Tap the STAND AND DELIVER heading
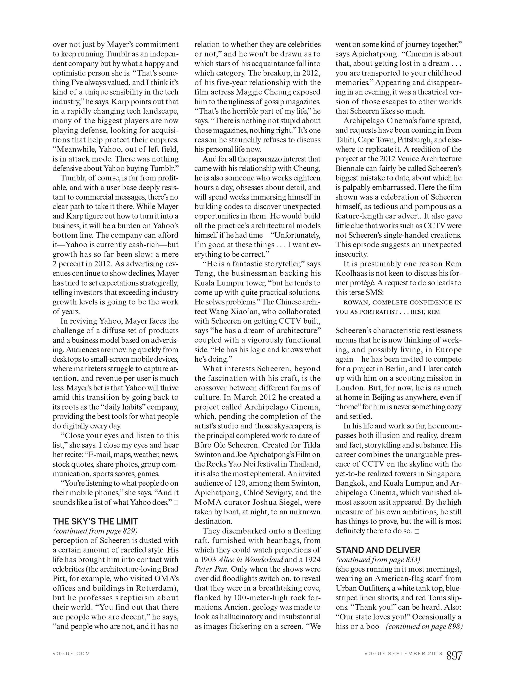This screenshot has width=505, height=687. (378, 550)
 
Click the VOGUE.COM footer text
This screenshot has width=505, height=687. (71, 654)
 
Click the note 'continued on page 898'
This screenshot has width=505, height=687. (424, 626)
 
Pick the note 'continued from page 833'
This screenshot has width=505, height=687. (378, 559)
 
